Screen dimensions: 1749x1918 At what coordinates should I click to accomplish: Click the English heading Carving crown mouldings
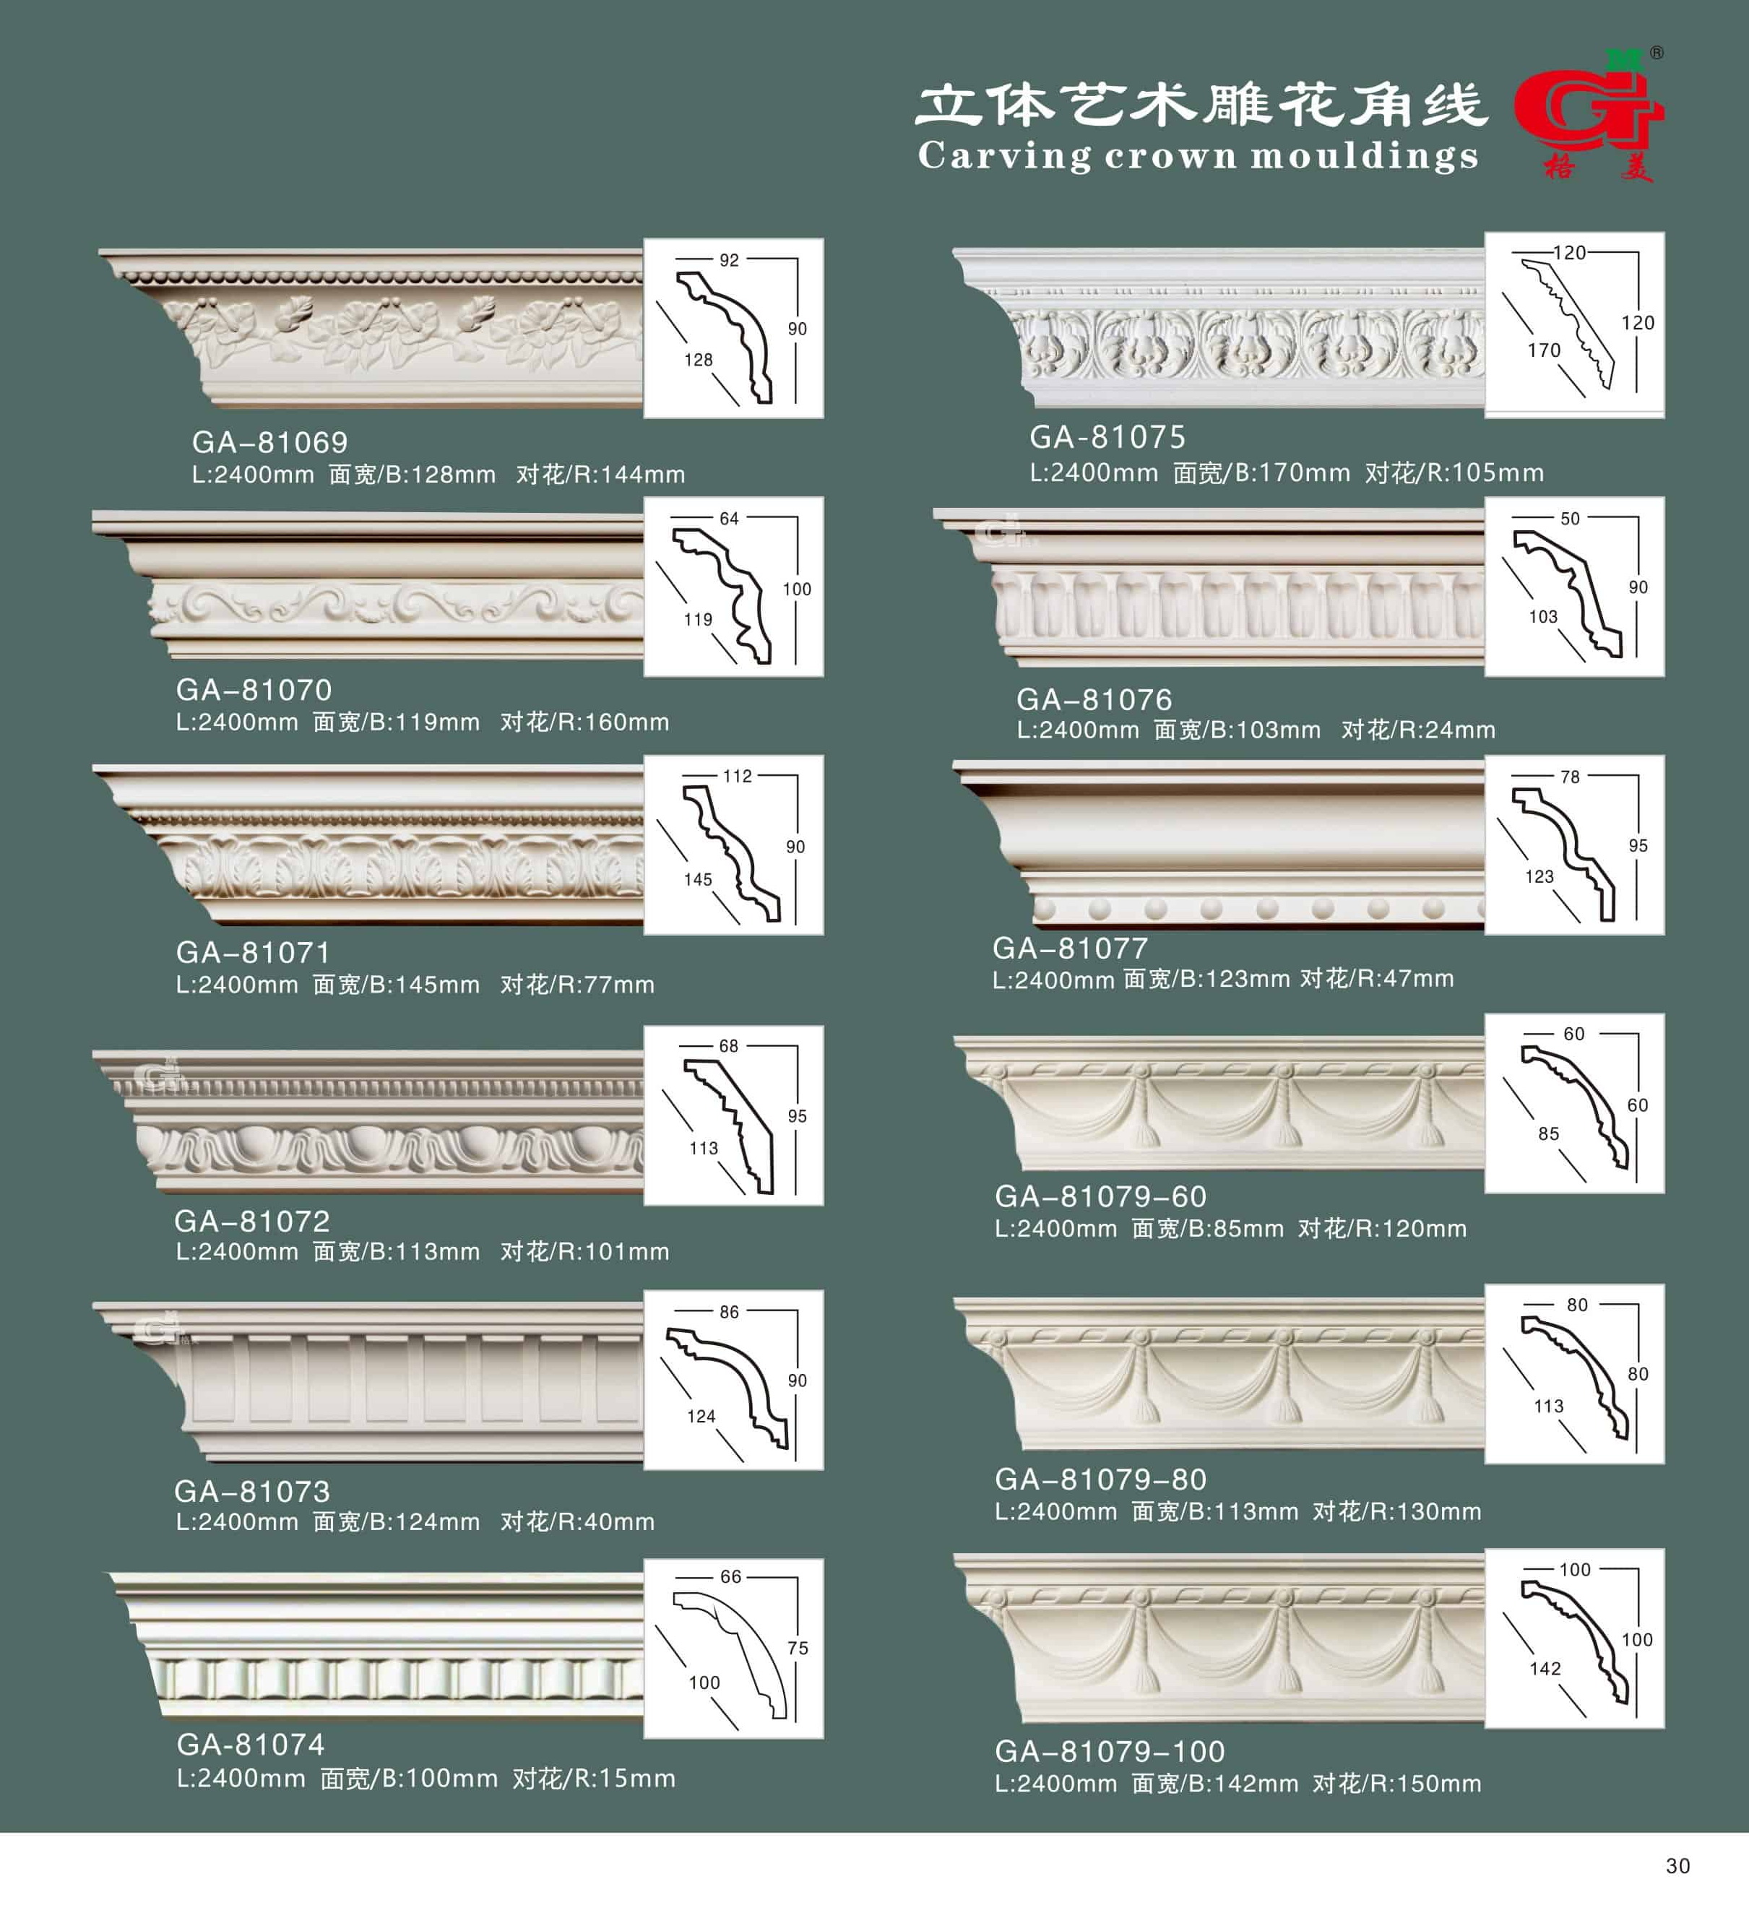click(1198, 156)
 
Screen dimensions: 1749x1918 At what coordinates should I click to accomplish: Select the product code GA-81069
click(269, 442)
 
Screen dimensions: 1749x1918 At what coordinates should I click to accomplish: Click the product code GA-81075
click(1107, 438)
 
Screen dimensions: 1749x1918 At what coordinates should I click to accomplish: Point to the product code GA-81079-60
click(1101, 1197)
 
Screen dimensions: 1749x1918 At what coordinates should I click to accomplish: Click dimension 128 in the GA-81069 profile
click(699, 360)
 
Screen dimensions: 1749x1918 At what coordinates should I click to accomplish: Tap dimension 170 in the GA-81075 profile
click(1543, 350)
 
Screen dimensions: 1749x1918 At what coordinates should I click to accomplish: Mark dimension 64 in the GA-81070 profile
click(729, 519)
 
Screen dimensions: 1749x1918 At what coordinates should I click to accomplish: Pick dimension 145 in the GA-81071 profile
click(698, 880)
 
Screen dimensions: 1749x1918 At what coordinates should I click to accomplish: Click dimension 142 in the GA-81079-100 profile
click(1545, 1669)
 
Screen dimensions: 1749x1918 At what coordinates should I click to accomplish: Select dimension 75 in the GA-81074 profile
click(798, 1648)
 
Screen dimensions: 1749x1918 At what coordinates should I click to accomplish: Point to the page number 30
click(1677, 1867)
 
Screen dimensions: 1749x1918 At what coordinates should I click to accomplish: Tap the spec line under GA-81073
click(415, 1522)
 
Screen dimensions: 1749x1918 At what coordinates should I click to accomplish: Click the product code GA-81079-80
click(1101, 1479)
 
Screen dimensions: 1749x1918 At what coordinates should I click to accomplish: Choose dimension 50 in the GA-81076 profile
click(1570, 519)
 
